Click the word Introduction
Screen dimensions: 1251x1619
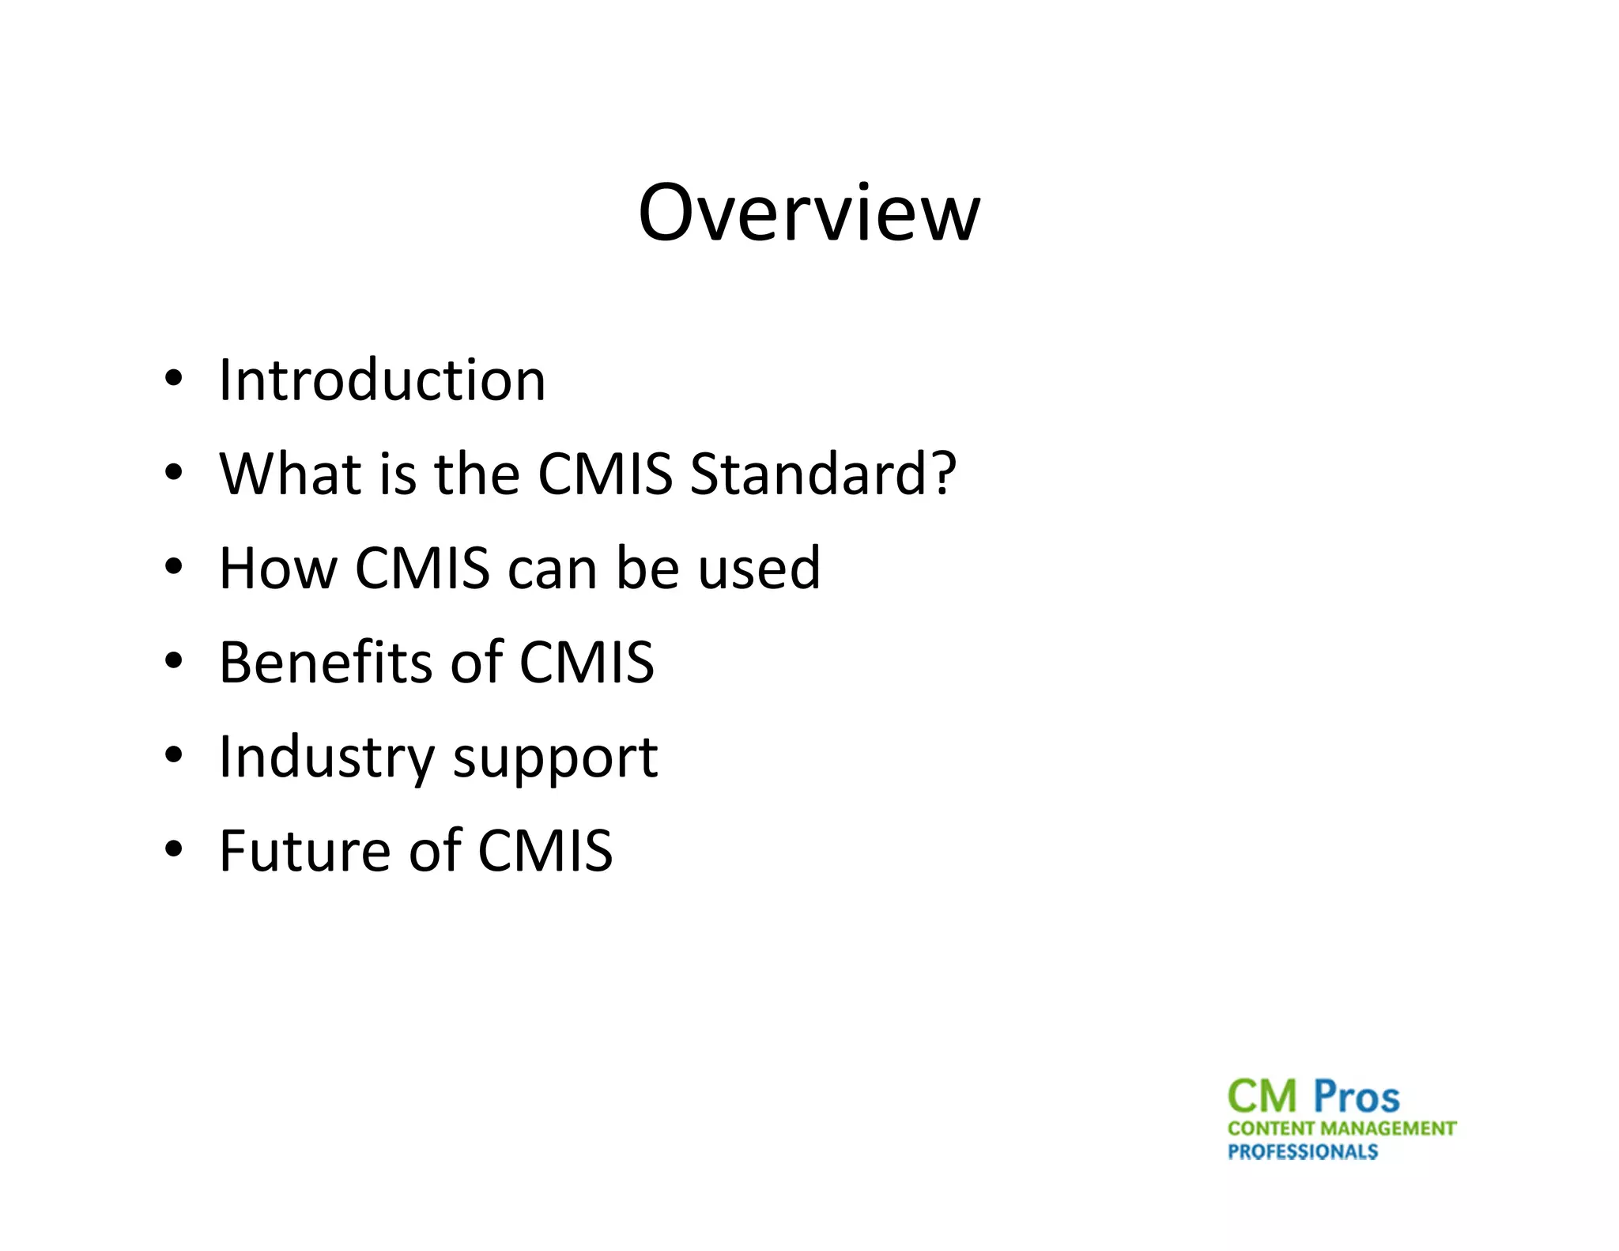pyautogui.click(x=382, y=380)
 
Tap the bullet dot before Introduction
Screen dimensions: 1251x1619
pyautogui.click(x=173, y=379)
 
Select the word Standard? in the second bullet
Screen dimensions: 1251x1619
pyautogui.click(x=823, y=474)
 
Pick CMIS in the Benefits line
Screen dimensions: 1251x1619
pyautogui.click(x=587, y=662)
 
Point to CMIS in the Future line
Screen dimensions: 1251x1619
pyautogui.click(x=545, y=851)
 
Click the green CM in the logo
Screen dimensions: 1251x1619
pyautogui.click(x=1262, y=1097)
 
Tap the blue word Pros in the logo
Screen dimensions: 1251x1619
pyautogui.click(x=1357, y=1097)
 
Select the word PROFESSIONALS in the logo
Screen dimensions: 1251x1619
pyautogui.click(x=1303, y=1151)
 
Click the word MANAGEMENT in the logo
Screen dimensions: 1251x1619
pyautogui.click(x=1389, y=1128)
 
